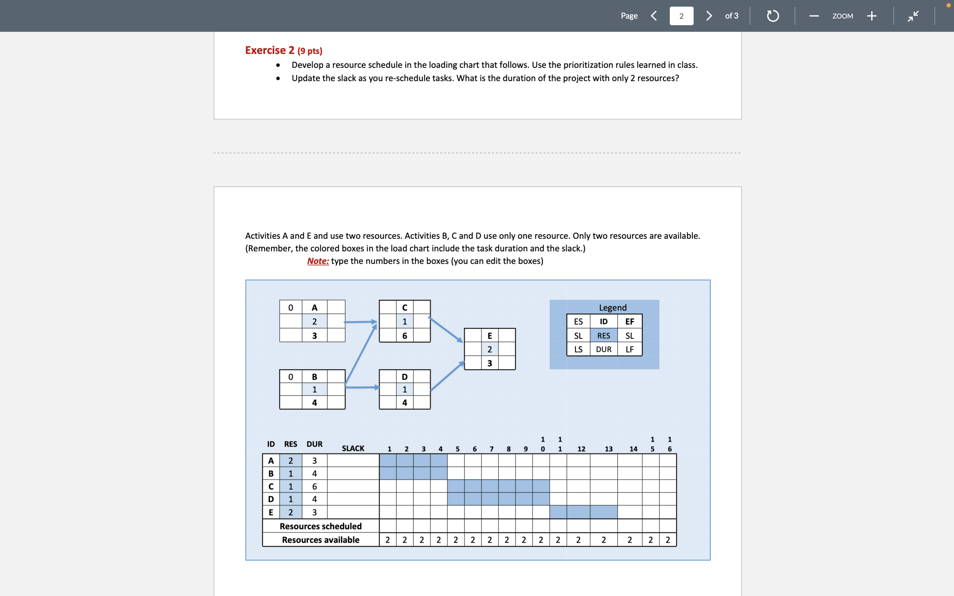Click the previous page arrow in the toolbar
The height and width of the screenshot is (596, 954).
point(654,16)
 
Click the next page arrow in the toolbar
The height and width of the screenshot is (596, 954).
point(709,16)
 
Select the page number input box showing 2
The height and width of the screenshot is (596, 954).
point(681,16)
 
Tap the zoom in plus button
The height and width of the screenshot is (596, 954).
point(872,16)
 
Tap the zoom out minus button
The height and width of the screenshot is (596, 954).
point(814,16)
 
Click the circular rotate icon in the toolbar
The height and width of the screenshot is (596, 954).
point(773,16)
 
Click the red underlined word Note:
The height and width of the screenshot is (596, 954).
point(318,261)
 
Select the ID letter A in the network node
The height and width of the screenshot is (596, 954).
point(314,308)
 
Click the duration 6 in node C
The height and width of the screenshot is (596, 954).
point(404,336)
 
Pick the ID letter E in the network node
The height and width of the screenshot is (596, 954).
point(490,336)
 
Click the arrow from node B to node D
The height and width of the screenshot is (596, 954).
point(362,387)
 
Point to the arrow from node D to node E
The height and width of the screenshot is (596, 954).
point(447,376)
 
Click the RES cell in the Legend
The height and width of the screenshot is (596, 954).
point(604,336)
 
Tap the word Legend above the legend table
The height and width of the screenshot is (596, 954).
point(612,308)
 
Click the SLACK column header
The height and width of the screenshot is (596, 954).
point(353,449)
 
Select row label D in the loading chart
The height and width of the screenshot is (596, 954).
point(271,499)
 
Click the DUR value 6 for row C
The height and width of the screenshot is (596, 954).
point(314,486)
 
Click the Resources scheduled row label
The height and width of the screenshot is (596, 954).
point(321,526)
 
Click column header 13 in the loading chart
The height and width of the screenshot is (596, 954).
point(609,449)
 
